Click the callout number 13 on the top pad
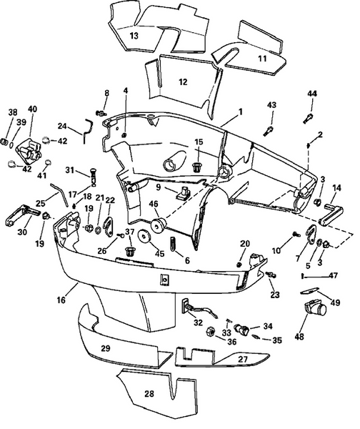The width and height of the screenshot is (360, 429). [x=134, y=34]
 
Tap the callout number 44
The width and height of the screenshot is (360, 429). [x=312, y=94]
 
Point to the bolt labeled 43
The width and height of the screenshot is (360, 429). [x=269, y=129]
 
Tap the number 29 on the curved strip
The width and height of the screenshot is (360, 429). [x=105, y=347]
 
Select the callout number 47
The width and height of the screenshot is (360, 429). [x=334, y=275]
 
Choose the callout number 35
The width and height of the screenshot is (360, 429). [x=278, y=340]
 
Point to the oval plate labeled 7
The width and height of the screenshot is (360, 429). [x=311, y=234]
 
